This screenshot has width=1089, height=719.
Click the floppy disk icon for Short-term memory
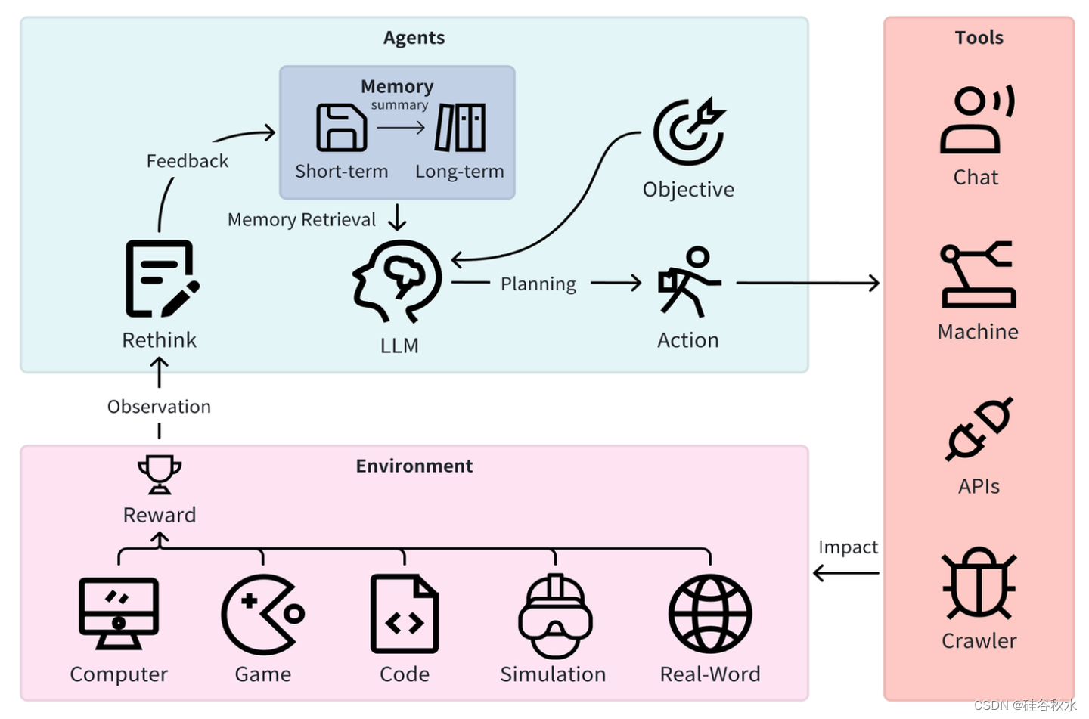click(341, 128)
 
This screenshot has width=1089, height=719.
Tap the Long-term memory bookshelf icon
click(460, 128)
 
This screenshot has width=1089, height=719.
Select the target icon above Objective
click(689, 132)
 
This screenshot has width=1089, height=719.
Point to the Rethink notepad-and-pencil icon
click(160, 279)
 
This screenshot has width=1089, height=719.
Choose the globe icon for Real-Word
click(709, 614)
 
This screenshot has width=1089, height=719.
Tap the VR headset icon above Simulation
click(555, 615)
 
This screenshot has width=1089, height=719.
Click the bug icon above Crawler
click(979, 583)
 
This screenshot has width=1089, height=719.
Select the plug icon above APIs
click(979, 429)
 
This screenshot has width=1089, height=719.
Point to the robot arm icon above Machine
click(978, 275)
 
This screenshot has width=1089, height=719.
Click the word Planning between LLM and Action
click(538, 284)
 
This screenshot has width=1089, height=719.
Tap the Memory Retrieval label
click(301, 220)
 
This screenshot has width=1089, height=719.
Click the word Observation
click(159, 407)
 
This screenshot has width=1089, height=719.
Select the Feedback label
click(187, 161)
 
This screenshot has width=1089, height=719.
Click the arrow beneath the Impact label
click(846, 573)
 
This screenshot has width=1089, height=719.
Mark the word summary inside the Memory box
click(399, 105)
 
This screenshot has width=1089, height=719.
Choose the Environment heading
click(414, 466)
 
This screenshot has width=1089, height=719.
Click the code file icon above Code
click(404, 614)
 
